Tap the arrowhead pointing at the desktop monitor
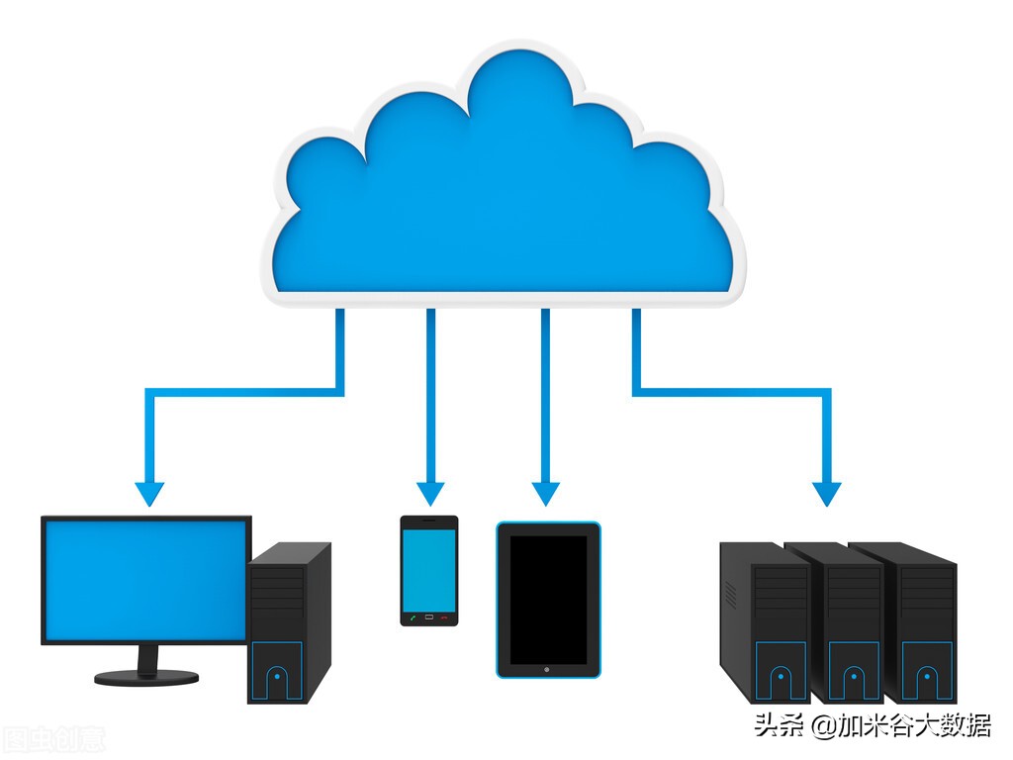coord(150,492)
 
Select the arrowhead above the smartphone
coord(430,492)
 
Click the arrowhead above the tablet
coord(546,492)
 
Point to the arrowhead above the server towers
coord(827,492)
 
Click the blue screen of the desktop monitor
coord(145,579)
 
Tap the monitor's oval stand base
coord(146,677)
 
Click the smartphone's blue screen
coord(429,570)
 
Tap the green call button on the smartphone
coord(412,617)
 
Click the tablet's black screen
coord(548,600)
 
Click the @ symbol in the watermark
coord(823,727)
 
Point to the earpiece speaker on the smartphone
coord(429,521)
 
